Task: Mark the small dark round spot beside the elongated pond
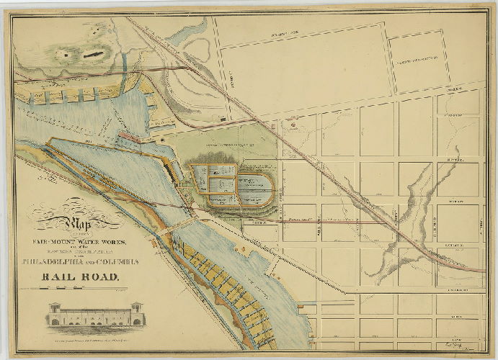[x=70, y=53]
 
